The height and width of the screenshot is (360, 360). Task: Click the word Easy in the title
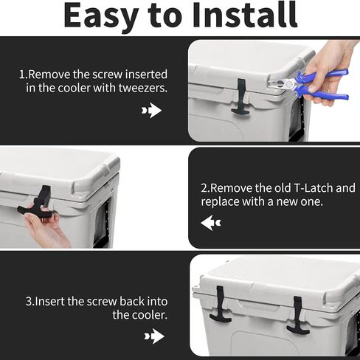click(x=100, y=16)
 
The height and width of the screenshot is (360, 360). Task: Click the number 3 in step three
click(x=29, y=301)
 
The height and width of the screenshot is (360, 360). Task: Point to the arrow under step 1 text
click(x=152, y=111)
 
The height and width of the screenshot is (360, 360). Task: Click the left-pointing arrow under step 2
click(x=210, y=222)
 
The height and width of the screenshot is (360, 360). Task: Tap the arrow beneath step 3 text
click(x=153, y=336)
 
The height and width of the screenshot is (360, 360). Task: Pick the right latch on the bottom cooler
click(x=298, y=314)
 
